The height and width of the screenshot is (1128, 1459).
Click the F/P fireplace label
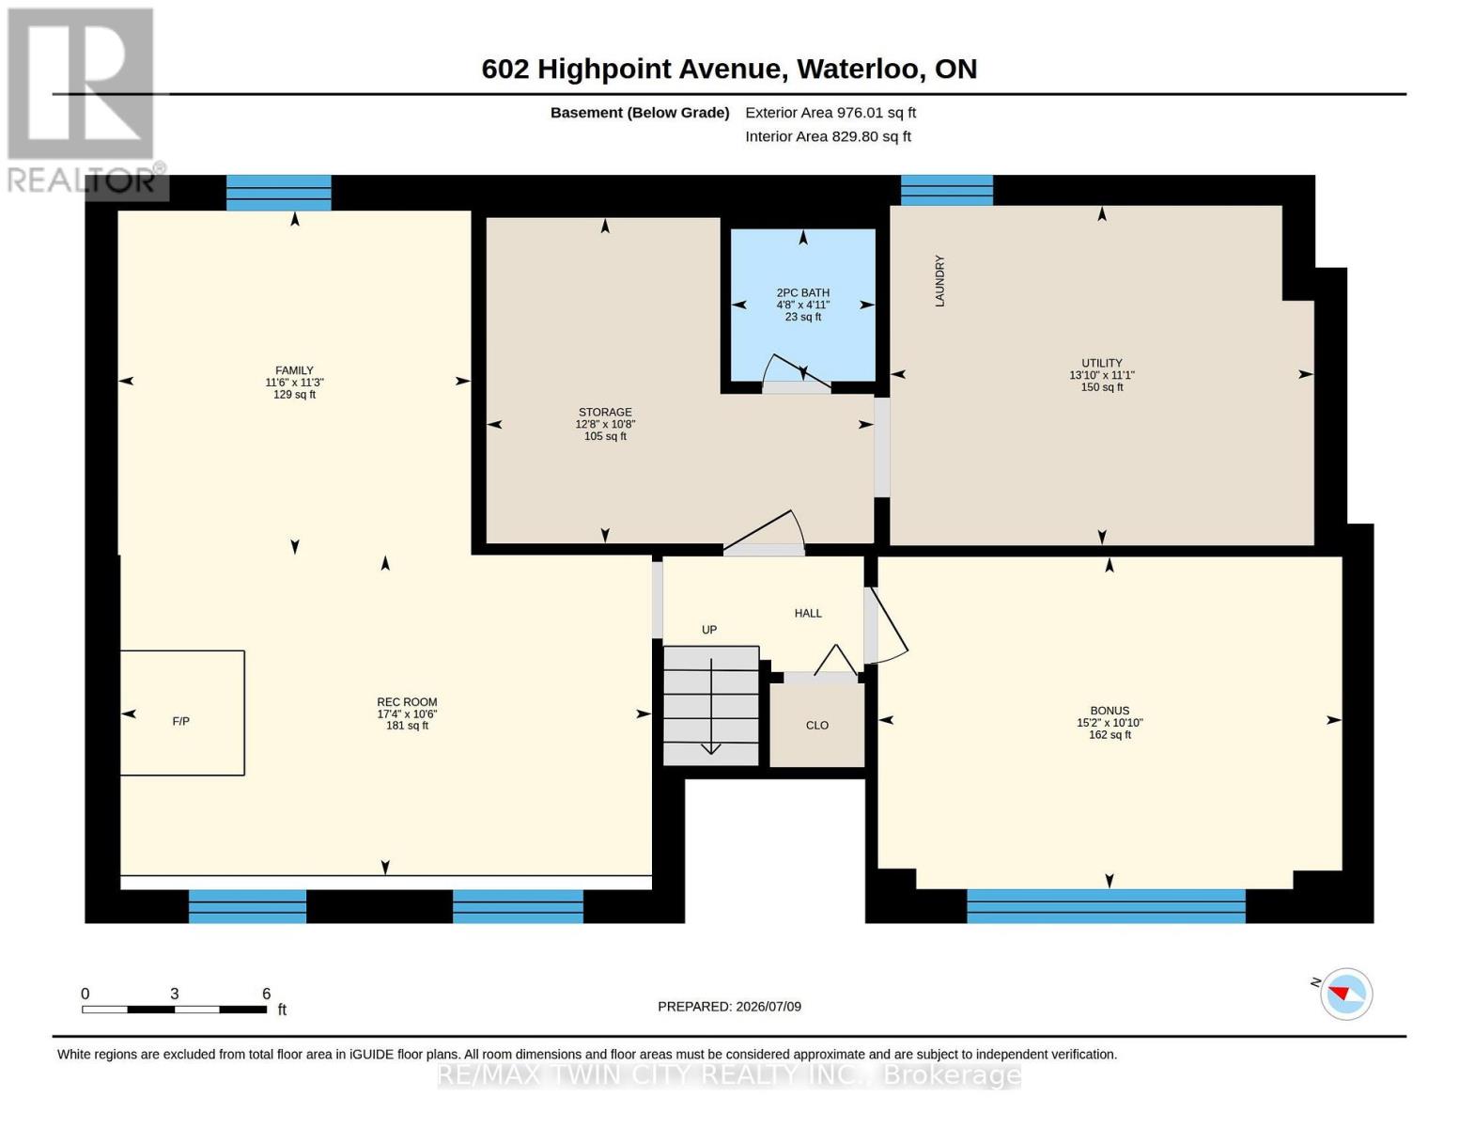[180, 721]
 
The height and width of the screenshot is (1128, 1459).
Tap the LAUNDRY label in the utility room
[939, 281]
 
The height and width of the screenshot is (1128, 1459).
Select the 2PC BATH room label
[802, 293]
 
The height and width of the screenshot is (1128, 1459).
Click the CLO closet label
[816, 725]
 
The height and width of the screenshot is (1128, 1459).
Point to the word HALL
[808, 613]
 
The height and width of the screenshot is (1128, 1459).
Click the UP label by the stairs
[709, 630]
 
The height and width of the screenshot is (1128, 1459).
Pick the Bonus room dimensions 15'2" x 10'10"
[1110, 723]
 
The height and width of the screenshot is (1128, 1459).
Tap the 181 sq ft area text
[407, 726]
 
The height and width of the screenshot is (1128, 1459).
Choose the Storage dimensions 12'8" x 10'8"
[605, 424]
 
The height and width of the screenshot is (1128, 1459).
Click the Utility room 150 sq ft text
[1102, 387]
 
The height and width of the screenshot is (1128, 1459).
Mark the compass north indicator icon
[1345, 994]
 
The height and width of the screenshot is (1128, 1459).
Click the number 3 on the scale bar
[174, 993]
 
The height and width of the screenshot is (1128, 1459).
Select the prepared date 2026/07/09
[768, 1007]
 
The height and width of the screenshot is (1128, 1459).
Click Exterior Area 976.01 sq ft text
[830, 113]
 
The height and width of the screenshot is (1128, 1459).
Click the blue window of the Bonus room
[1106, 905]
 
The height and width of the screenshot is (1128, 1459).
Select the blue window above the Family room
[279, 192]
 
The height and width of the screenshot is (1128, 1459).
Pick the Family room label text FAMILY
[294, 370]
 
